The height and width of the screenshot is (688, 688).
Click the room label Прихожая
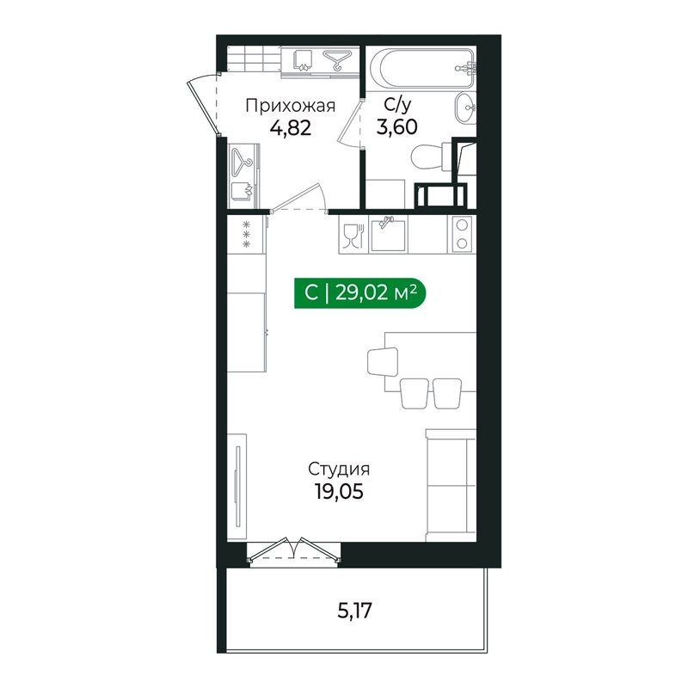[x=290, y=106]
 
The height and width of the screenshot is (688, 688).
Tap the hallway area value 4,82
[x=291, y=128]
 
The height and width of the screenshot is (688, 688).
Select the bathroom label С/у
[x=397, y=106]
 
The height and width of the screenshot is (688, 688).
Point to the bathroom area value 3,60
[x=397, y=126]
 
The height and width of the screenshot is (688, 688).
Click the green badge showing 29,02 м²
[x=359, y=292]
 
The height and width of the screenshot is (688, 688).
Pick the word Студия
[x=339, y=470]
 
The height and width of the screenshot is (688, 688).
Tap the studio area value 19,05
[x=339, y=491]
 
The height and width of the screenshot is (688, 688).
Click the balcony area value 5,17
[x=354, y=611]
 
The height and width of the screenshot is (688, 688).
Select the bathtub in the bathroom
[x=422, y=68]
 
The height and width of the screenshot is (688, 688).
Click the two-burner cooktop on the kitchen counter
[x=461, y=234]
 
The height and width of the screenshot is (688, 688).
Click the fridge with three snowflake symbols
[x=247, y=235]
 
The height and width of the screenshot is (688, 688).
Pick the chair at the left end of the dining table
[x=383, y=361]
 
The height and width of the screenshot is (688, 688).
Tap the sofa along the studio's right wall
[x=451, y=485]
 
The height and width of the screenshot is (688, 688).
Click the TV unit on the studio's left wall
[x=237, y=486]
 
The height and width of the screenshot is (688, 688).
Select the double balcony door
[x=293, y=550]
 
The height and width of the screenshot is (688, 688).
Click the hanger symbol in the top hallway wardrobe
[x=337, y=60]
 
